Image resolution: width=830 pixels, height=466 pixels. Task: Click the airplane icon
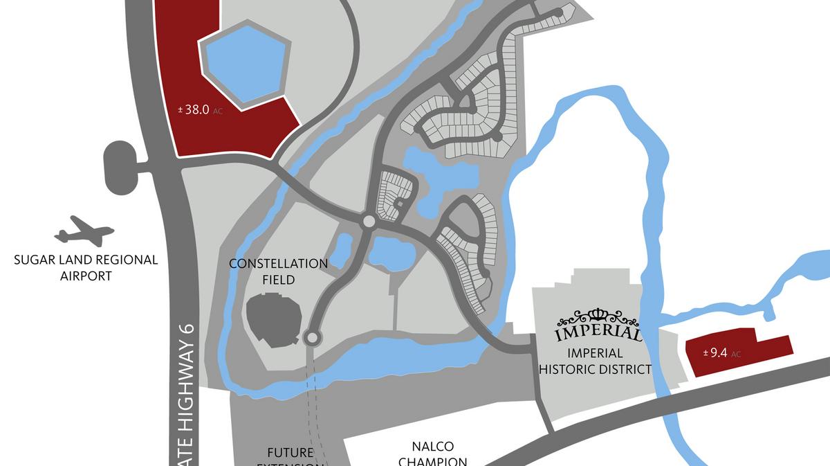point(84,231)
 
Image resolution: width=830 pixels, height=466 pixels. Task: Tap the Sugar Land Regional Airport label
point(86,268)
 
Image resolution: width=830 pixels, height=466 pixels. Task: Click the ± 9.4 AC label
point(721,353)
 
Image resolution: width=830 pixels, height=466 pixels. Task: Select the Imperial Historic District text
point(595,361)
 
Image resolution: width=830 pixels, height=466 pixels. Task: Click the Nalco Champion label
point(433,454)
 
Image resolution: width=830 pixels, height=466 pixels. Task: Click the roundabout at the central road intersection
point(369,222)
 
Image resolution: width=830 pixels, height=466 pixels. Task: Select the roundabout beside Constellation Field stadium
point(312,337)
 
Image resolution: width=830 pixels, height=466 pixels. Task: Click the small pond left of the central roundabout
point(341,248)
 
